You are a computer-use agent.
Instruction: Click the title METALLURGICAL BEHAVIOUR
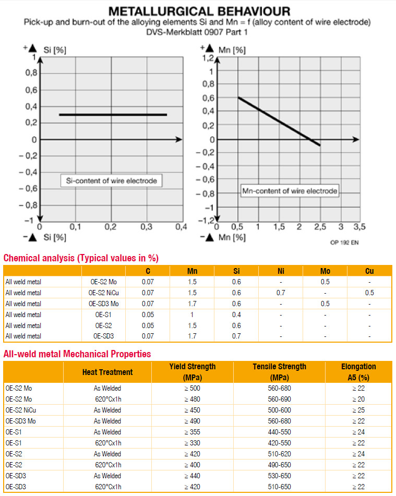pyautogui.click(x=198, y=11)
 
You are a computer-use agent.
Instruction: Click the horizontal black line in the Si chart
pyautogui.click(x=113, y=114)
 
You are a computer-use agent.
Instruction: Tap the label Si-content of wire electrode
pyautogui.click(x=111, y=181)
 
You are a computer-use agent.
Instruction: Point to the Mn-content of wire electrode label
pyautogui.click(x=290, y=191)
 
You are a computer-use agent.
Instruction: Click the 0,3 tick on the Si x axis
pyautogui.click(x=146, y=227)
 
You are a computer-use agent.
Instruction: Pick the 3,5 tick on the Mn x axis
pyautogui.click(x=359, y=227)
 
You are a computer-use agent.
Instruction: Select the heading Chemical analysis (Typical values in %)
pyautogui.click(x=81, y=258)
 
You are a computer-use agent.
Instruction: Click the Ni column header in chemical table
pyautogui.click(x=281, y=271)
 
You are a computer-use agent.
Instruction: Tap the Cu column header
pyautogui.click(x=369, y=271)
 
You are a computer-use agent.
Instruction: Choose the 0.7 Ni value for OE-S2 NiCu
pyautogui.click(x=281, y=293)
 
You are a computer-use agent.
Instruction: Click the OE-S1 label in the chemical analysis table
pyautogui.click(x=103, y=314)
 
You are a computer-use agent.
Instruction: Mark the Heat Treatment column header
pyautogui.click(x=107, y=372)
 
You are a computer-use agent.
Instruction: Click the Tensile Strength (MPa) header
pyautogui.click(x=279, y=372)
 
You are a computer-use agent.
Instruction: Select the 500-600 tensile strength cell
pyautogui.click(x=279, y=410)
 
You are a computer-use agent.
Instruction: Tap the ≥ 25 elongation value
pyautogui.click(x=358, y=410)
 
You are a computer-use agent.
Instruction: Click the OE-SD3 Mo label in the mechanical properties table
pyautogui.click(x=21, y=421)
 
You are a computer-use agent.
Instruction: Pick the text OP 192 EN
pyautogui.click(x=345, y=242)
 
